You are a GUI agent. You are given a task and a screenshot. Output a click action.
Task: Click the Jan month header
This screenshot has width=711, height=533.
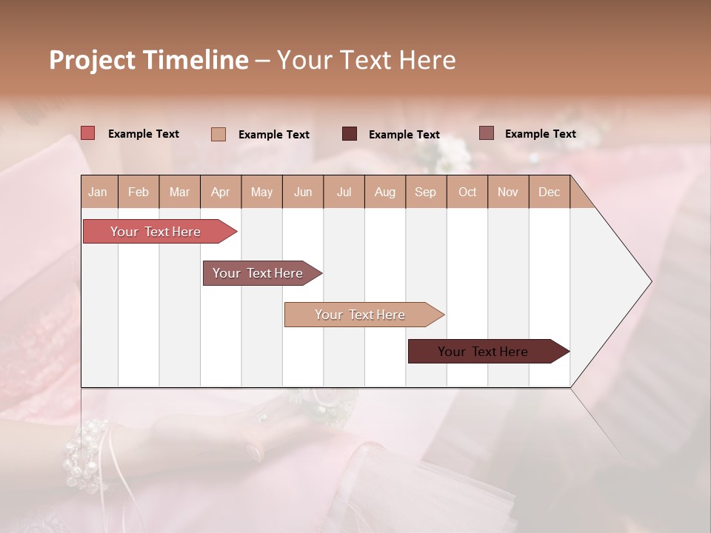[x=99, y=192]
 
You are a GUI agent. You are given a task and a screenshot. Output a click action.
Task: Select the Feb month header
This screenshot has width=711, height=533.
[x=138, y=192]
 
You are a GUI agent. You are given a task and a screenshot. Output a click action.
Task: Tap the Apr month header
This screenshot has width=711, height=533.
[x=221, y=192]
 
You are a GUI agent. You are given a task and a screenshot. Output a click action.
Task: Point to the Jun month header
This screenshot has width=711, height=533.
[x=303, y=192]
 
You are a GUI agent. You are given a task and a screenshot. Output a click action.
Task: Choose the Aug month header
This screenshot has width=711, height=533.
[x=385, y=192]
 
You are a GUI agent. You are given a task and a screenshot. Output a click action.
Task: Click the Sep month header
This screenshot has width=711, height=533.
[x=426, y=192]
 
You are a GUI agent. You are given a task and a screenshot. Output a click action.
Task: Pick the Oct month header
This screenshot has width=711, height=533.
[x=467, y=192]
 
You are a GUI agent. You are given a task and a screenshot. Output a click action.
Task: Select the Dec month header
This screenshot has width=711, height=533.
[x=550, y=192]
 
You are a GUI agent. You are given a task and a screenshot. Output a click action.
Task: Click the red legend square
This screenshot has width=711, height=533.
[x=88, y=133]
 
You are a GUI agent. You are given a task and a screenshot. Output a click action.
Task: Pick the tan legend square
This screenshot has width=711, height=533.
[x=218, y=134]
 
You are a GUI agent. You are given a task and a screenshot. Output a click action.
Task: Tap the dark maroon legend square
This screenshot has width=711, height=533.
[x=350, y=134]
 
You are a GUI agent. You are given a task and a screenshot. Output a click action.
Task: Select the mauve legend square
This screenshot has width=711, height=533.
[x=487, y=133]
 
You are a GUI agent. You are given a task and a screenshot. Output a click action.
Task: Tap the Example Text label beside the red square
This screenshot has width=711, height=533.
[x=144, y=134]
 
